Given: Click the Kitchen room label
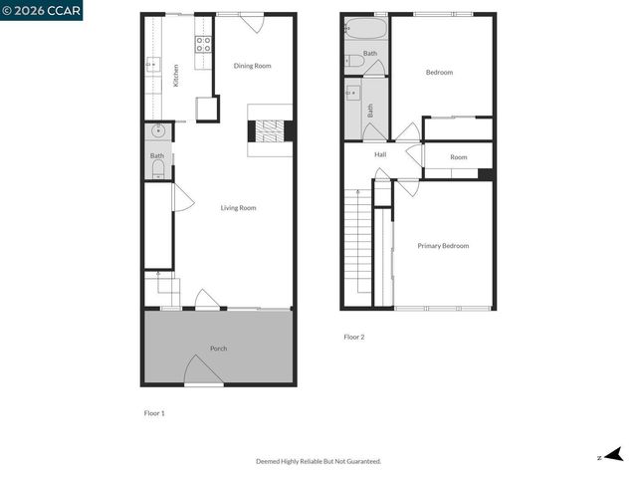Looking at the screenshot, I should click(x=176, y=76).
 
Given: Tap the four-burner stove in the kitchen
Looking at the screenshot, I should click(x=202, y=44).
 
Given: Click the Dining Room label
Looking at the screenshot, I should click(x=252, y=66).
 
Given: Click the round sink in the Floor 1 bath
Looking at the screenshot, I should click(x=157, y=131).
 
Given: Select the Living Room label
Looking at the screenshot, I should click(x=239, y=208).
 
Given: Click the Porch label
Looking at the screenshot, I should click(x=218, y=349).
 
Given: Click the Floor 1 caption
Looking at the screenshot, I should click(x=154, y=412).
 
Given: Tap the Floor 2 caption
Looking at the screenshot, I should click(x=354, y=337).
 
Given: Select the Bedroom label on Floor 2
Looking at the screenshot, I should click(x=439, y=72).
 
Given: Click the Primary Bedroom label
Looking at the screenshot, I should click(x=443, y=246).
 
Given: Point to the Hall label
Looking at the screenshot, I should click(x=380, y=155).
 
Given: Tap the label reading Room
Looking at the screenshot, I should click(x=458, y=157).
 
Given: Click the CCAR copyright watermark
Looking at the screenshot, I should click(x=42, y=10).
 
